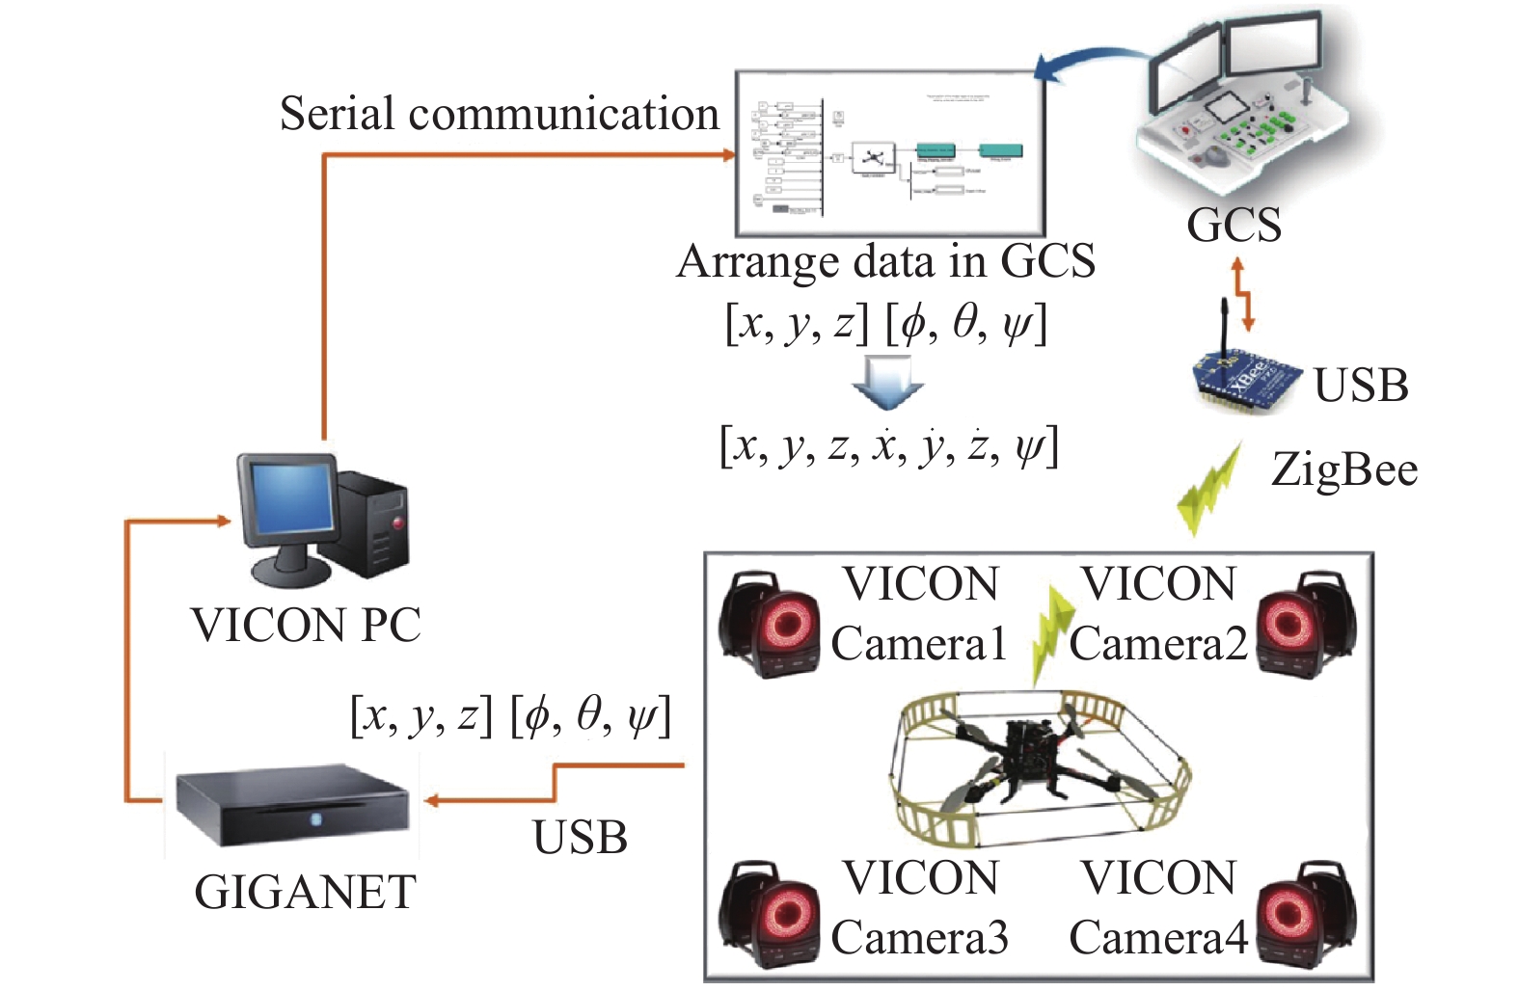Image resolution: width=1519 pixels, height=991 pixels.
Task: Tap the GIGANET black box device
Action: tap(292, 808)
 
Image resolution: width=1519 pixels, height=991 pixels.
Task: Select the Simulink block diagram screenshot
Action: tap(889, 153)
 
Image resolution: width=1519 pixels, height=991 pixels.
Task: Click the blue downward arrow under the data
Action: tap(887, 381)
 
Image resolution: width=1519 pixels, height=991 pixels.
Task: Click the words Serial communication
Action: tap(499, 114)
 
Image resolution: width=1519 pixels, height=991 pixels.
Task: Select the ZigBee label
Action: tap(1343, 469)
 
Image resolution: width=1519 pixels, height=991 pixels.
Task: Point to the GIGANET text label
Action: tap(305, 892)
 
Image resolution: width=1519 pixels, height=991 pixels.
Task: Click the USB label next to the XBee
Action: tap(1361, 386)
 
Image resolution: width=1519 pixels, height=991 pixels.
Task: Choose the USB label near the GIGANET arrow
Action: tap(580, 837)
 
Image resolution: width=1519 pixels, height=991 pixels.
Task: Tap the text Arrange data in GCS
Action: tap(885, 261)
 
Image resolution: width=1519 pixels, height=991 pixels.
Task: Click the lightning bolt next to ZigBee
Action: tap(1207, 487)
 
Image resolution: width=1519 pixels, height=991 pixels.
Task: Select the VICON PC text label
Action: tap(306, 625)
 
